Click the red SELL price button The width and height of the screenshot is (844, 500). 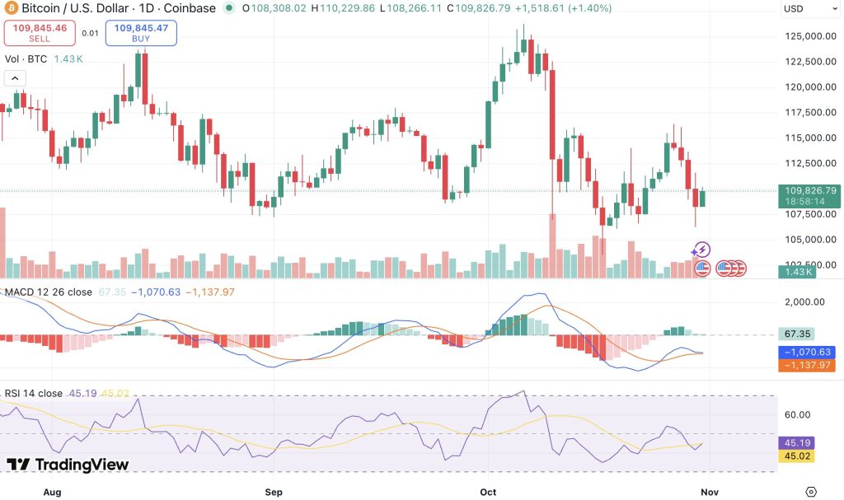coord(40,33)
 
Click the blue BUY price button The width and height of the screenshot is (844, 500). coord(141,33)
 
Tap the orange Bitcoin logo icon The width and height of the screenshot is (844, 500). coord(11,8)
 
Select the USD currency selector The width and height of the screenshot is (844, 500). coord(809,8)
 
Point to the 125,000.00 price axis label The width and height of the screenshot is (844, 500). coord(811,36)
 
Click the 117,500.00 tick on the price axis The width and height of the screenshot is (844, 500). coord(811,113)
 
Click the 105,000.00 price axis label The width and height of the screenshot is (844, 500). coord(811,240)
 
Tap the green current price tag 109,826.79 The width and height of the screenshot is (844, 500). coord(809,196)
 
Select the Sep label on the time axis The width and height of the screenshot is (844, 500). coord(274,492)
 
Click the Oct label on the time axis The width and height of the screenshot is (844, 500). coord(488,492)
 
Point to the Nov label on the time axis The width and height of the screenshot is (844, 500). coord(710,492)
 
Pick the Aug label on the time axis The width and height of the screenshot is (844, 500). coord(52,492)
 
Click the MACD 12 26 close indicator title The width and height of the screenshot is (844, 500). coord(49,292)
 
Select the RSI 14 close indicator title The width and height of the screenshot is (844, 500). coord(33,394)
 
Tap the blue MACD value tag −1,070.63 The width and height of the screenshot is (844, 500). coord(807,352)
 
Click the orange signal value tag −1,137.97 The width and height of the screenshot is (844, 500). coord(807,365)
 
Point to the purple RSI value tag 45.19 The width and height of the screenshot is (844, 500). coord(797,443)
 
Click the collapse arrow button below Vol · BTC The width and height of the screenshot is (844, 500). coord(15,78)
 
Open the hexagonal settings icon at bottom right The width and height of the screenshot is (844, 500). coord(811,492)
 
